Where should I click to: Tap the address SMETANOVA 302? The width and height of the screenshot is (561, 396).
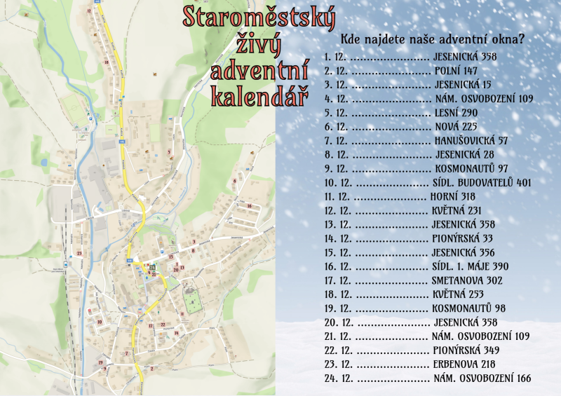[468, 280]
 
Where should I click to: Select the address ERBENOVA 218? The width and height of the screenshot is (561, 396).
[466, 364]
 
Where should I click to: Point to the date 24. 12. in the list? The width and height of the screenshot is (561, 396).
[338, 378]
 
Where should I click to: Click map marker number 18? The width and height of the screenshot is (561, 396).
[106, 62]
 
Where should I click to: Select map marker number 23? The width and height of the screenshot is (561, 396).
[79, 253]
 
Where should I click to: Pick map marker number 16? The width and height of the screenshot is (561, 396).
[250, 205]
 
